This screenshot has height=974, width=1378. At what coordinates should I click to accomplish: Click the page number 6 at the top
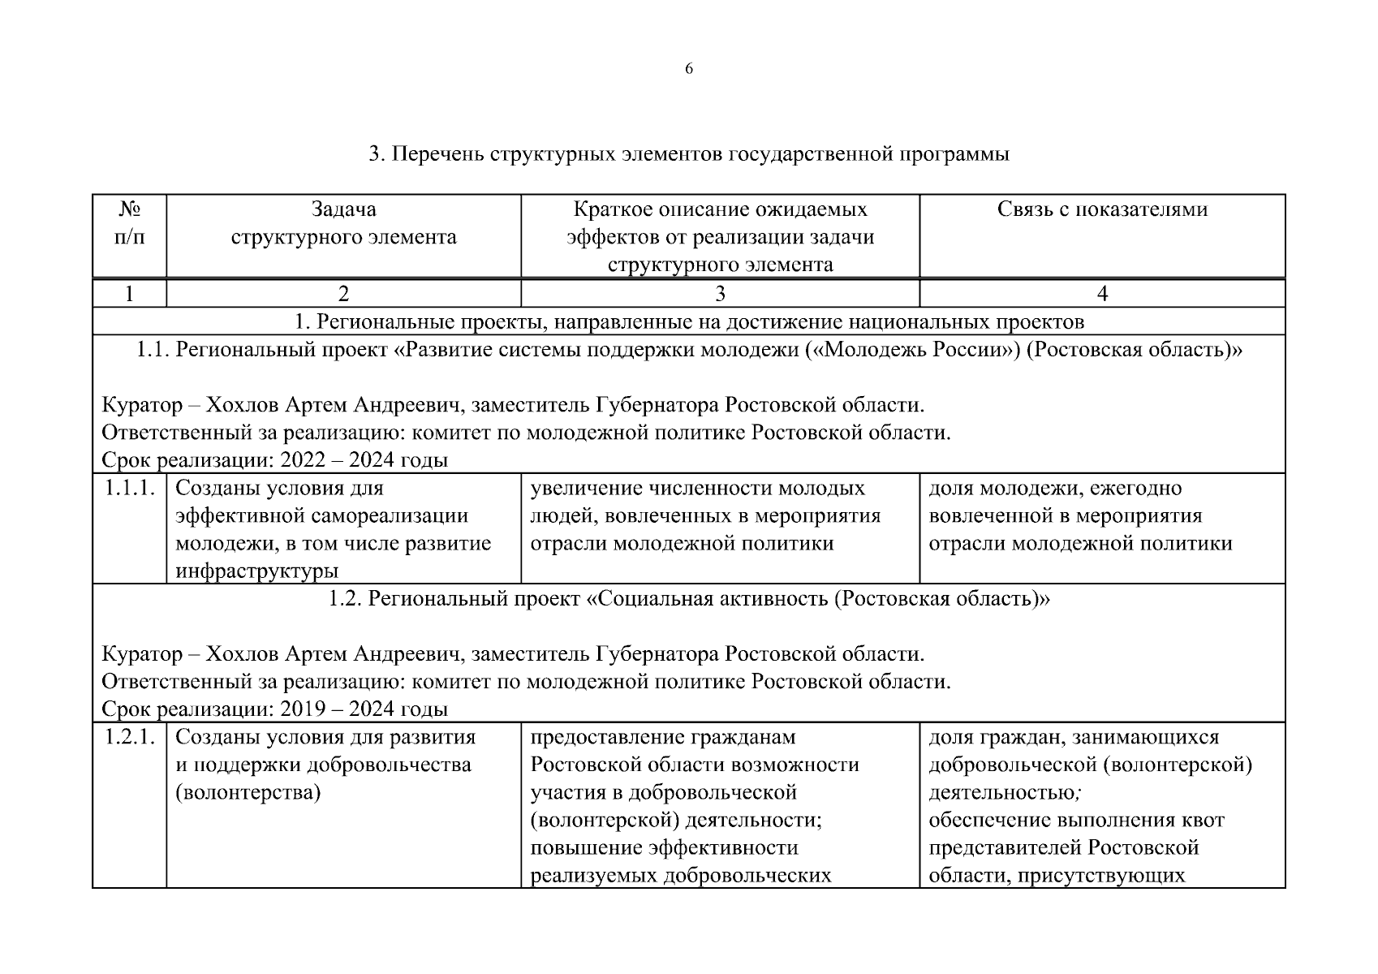tap(689, 69)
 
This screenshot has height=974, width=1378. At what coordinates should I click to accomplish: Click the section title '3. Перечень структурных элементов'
tap(689, 154)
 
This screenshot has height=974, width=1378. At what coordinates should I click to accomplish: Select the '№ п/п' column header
tap(130, 223)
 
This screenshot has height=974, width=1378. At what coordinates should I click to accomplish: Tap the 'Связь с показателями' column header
tap(1102, 209)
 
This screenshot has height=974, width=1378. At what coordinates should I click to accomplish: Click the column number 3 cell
tap(720, 294)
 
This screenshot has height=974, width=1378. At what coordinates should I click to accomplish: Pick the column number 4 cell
tap(1102, 294)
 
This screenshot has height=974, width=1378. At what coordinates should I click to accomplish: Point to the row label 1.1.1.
tap(130, 489)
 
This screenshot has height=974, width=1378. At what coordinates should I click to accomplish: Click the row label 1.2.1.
tap(130, 738)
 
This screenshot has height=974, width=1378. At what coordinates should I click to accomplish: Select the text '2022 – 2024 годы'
tap(364, 461)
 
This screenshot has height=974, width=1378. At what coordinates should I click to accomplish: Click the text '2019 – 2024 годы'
tap(364, 710)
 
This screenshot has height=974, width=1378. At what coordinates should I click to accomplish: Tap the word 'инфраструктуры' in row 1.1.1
tap(256, 571)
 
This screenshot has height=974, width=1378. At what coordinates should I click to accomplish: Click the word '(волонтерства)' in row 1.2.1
tap(248, 793)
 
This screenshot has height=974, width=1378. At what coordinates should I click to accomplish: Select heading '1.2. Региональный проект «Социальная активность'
tap(689, 600)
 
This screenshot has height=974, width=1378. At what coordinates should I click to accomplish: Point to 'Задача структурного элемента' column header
tap(343, 223)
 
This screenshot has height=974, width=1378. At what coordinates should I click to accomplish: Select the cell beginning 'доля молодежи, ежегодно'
tap(1079, 516)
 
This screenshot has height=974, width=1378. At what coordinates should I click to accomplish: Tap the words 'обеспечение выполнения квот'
tap(1076, 821)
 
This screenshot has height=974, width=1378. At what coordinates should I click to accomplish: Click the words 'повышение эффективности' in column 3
tap(664, 848)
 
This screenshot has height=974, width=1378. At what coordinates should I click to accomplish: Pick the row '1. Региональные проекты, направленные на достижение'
tap(689, 322)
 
